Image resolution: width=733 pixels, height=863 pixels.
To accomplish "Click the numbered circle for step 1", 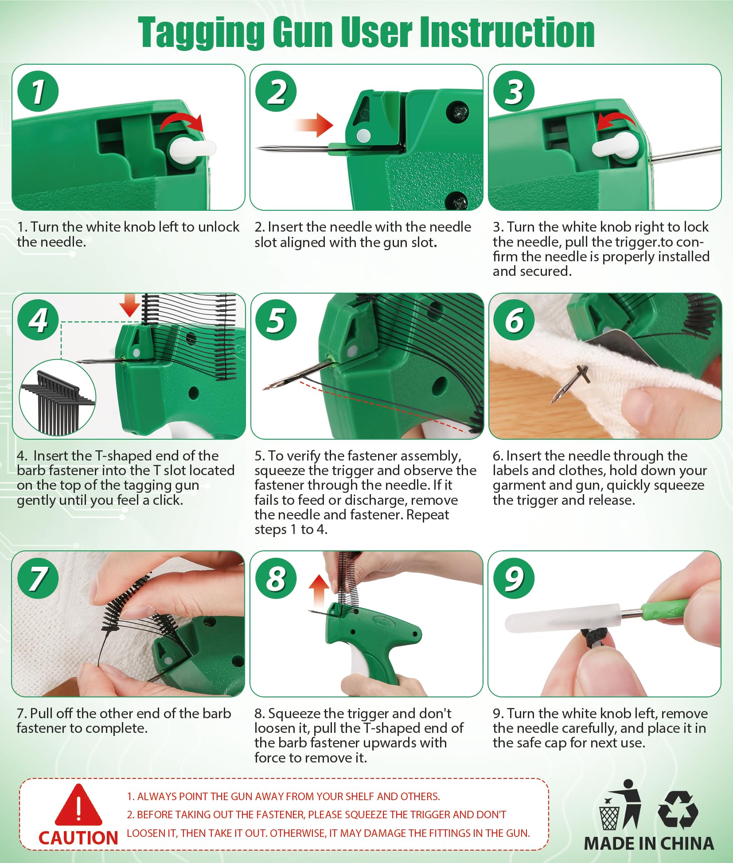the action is click(38, 91).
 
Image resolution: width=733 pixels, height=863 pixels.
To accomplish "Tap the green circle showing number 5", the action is click(277, 320).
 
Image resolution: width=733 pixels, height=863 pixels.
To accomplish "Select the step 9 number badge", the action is click(514, 578).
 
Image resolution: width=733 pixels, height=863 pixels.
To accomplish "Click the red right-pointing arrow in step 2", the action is click(312, 125).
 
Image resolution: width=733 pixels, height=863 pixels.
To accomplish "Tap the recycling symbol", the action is click(678, 810).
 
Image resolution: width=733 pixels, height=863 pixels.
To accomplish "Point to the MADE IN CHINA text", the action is click(649, 844).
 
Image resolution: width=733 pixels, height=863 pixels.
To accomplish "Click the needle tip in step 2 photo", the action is click(257, 148).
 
